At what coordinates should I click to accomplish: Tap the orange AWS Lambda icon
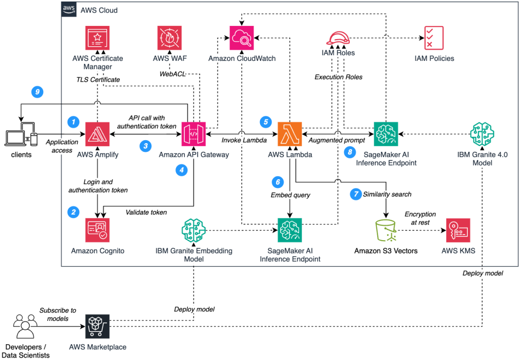point(290,134)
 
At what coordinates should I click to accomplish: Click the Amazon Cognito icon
point(98,231)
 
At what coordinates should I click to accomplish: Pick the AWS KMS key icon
point(459,231)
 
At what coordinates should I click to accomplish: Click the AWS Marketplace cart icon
point(98,326)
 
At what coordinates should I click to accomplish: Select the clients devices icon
point(20,135)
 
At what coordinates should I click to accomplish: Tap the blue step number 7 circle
point(355,194)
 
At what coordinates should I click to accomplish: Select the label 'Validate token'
point(146,212)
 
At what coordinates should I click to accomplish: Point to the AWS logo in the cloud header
point(69,10)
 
